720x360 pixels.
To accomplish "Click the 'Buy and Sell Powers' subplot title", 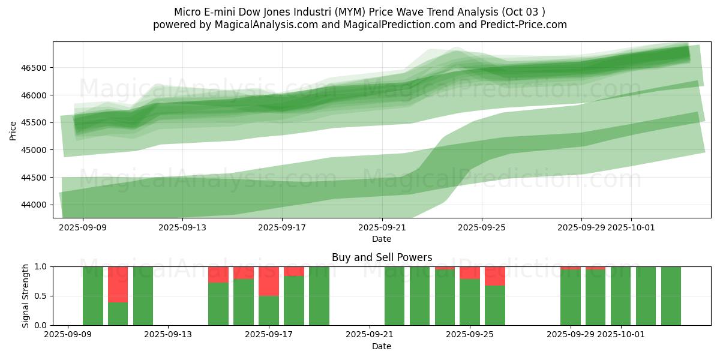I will click(x=382, y=257).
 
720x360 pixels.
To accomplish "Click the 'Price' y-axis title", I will click(x=13, y=130).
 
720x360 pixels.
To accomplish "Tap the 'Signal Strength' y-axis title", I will click(x=26, y=296).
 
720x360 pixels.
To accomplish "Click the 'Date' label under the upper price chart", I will click(x=382, y=239).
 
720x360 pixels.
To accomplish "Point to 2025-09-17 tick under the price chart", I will click(x=282, y=227).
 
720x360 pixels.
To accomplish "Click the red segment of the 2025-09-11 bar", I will click(x=118, y=284).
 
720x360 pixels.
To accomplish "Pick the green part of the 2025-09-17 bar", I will click(x=269, y=310).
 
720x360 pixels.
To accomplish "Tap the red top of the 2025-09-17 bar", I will click(x=269, y=281).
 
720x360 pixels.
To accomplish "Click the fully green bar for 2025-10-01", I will click(x=621, y=296).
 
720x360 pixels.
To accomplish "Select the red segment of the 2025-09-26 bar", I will click(x=495, y=276).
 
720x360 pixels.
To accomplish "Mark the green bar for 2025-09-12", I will click(x=143, y=296).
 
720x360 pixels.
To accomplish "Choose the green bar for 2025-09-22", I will click(x=394, y=296).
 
